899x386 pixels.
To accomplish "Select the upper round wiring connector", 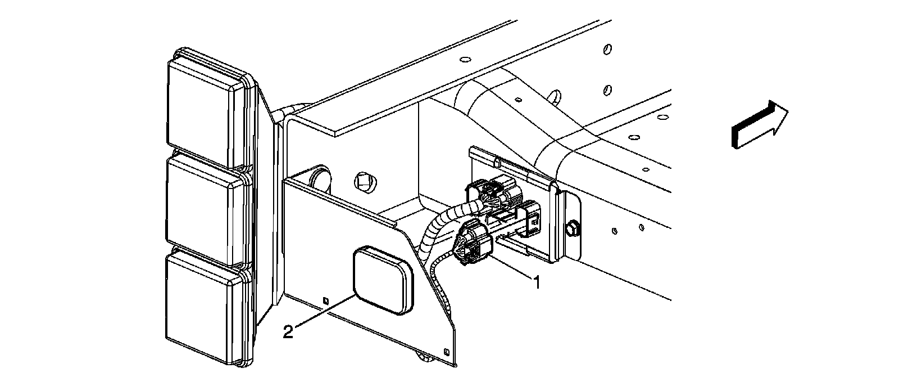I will tap(494, 194).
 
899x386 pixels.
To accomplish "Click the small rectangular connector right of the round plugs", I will tap(530, 219).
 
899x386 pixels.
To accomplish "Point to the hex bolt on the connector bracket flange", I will tap(572, 228).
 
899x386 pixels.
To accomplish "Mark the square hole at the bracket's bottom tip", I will tap(446, 353).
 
